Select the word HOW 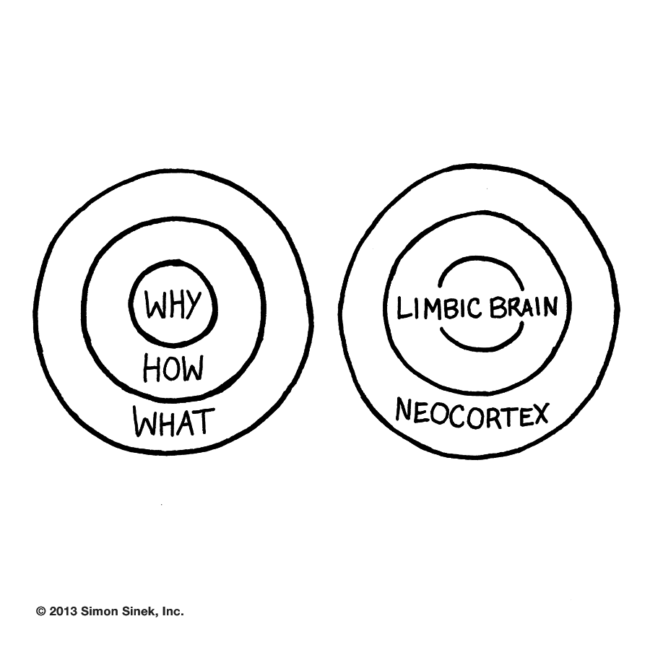coord(173,369)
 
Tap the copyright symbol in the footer coord(40,611)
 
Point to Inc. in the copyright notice coord(170,611)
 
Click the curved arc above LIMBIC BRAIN coord(480,264)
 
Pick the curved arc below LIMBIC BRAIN coord(480,347)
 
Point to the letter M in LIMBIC coord(428,308)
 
